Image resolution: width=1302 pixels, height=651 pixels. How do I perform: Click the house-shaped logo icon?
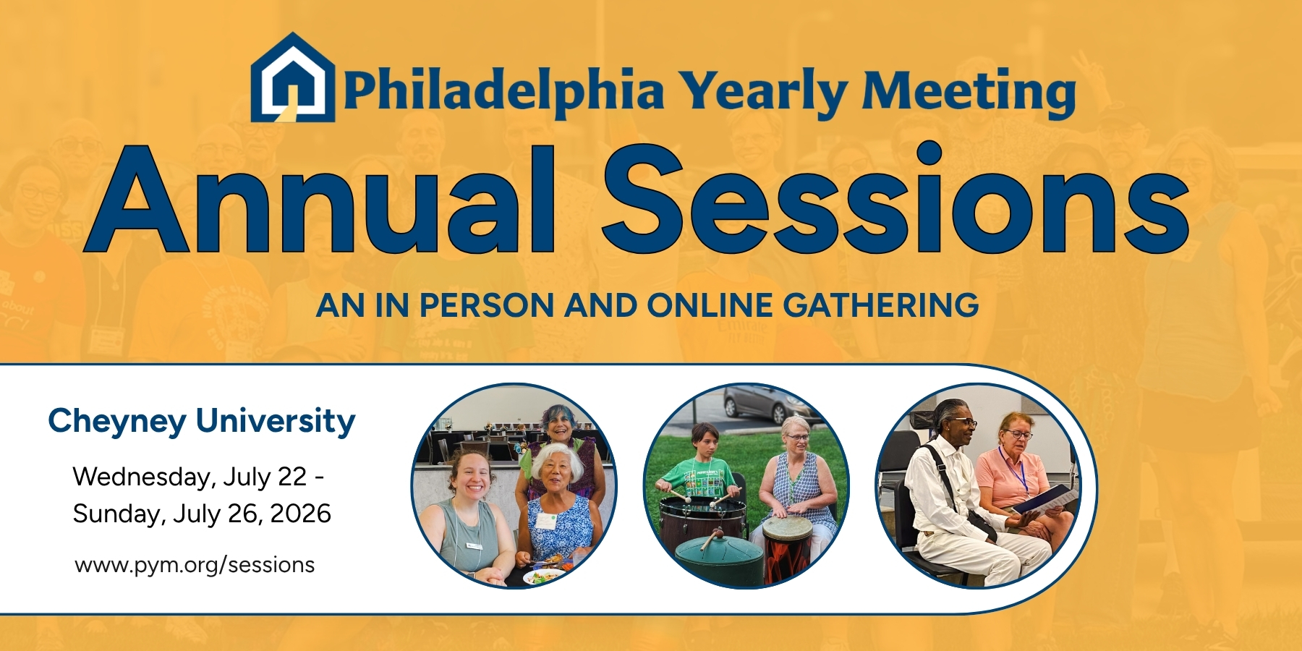coord(293,77)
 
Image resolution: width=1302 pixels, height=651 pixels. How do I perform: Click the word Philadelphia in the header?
coord(503,93)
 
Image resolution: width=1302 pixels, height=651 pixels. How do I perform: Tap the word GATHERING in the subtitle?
coord(881,305)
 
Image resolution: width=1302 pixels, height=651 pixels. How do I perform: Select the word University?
coord(276,422)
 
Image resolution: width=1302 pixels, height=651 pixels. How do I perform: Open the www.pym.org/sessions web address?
coord(195,565)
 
